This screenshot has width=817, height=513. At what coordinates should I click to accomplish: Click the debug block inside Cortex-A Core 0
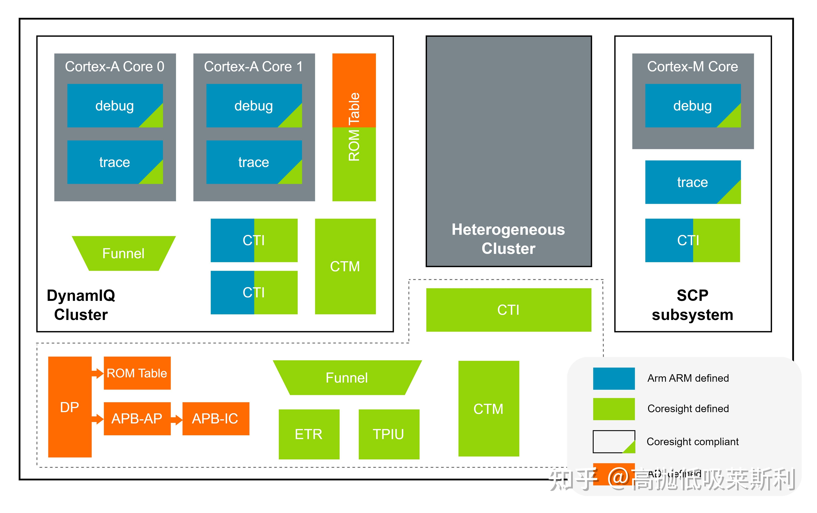[115, 106]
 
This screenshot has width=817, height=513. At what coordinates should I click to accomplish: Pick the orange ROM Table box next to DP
[137, 373]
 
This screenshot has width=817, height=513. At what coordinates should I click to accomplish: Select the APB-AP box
[137, 419]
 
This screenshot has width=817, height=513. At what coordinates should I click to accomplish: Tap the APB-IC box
[216, 419]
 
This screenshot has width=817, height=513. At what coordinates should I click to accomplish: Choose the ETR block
[309, 434]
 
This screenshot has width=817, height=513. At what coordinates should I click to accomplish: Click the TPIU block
[389, 434]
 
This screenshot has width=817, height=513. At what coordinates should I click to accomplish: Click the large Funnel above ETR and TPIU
[347, 378]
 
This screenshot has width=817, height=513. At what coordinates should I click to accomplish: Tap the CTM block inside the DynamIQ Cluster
[345, 266]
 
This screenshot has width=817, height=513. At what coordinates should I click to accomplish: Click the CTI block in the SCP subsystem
[692, 240]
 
